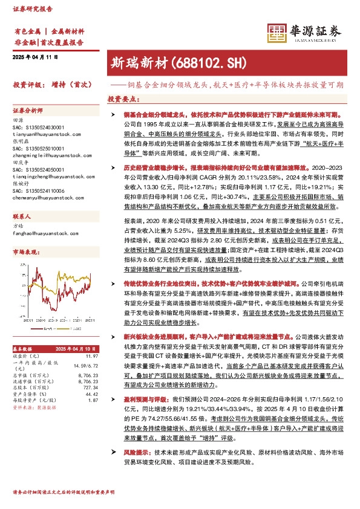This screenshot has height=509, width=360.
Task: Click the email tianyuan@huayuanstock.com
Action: (39, 134)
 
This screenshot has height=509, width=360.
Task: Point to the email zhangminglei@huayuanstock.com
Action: (42, 155)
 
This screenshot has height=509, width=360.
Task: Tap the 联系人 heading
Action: (22, 216)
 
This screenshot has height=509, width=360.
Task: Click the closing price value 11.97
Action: (92, 356)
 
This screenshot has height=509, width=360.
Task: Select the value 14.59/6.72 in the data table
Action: (85, 365)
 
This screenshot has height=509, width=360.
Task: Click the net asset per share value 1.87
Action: (93, 401)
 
